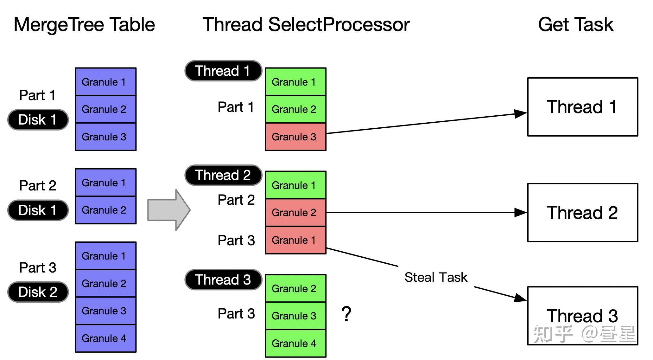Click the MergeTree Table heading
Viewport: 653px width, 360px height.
click(84, 25)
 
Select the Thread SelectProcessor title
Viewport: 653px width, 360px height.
click(306, 25)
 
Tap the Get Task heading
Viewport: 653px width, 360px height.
click(575, 25)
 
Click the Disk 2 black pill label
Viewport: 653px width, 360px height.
click(38, 292)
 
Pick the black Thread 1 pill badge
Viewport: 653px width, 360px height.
click(223, 71)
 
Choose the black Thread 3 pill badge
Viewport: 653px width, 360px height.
click(223, 280)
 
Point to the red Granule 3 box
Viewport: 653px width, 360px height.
click(295, 137)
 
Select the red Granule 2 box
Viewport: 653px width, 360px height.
click(295, 213)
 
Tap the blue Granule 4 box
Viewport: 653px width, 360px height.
click(105, 338)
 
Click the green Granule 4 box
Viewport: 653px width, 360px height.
click(295, 344)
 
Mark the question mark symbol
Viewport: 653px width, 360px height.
click(346, 314)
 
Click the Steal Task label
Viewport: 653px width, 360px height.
click(436, 277)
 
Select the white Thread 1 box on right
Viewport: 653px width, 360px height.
click(582, 107)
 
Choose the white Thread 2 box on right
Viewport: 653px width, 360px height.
click(582, 212)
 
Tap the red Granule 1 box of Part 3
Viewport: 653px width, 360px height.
click(295, 240)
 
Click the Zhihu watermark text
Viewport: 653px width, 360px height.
click(584, 334)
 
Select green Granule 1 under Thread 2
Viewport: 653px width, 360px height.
click(295, 185)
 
